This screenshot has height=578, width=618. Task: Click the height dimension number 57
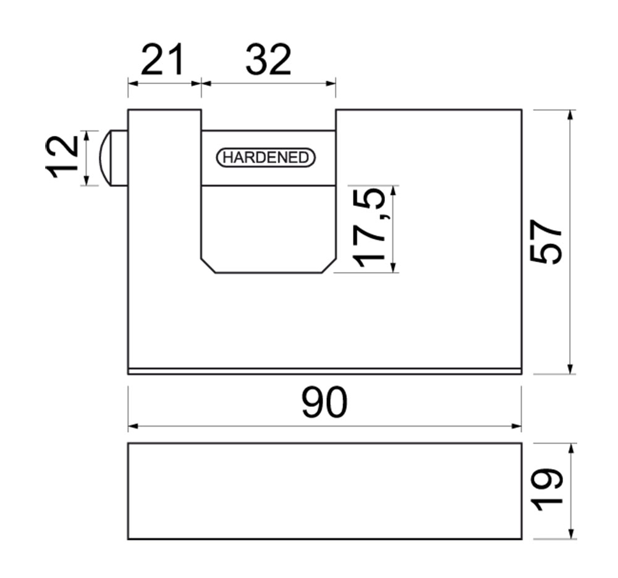[546, 242]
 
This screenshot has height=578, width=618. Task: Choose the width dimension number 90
[324, 402]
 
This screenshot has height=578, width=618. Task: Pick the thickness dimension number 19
[546, 490]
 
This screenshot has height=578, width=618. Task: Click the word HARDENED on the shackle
[266, 157]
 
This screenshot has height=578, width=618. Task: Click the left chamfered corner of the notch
[208, 265]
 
